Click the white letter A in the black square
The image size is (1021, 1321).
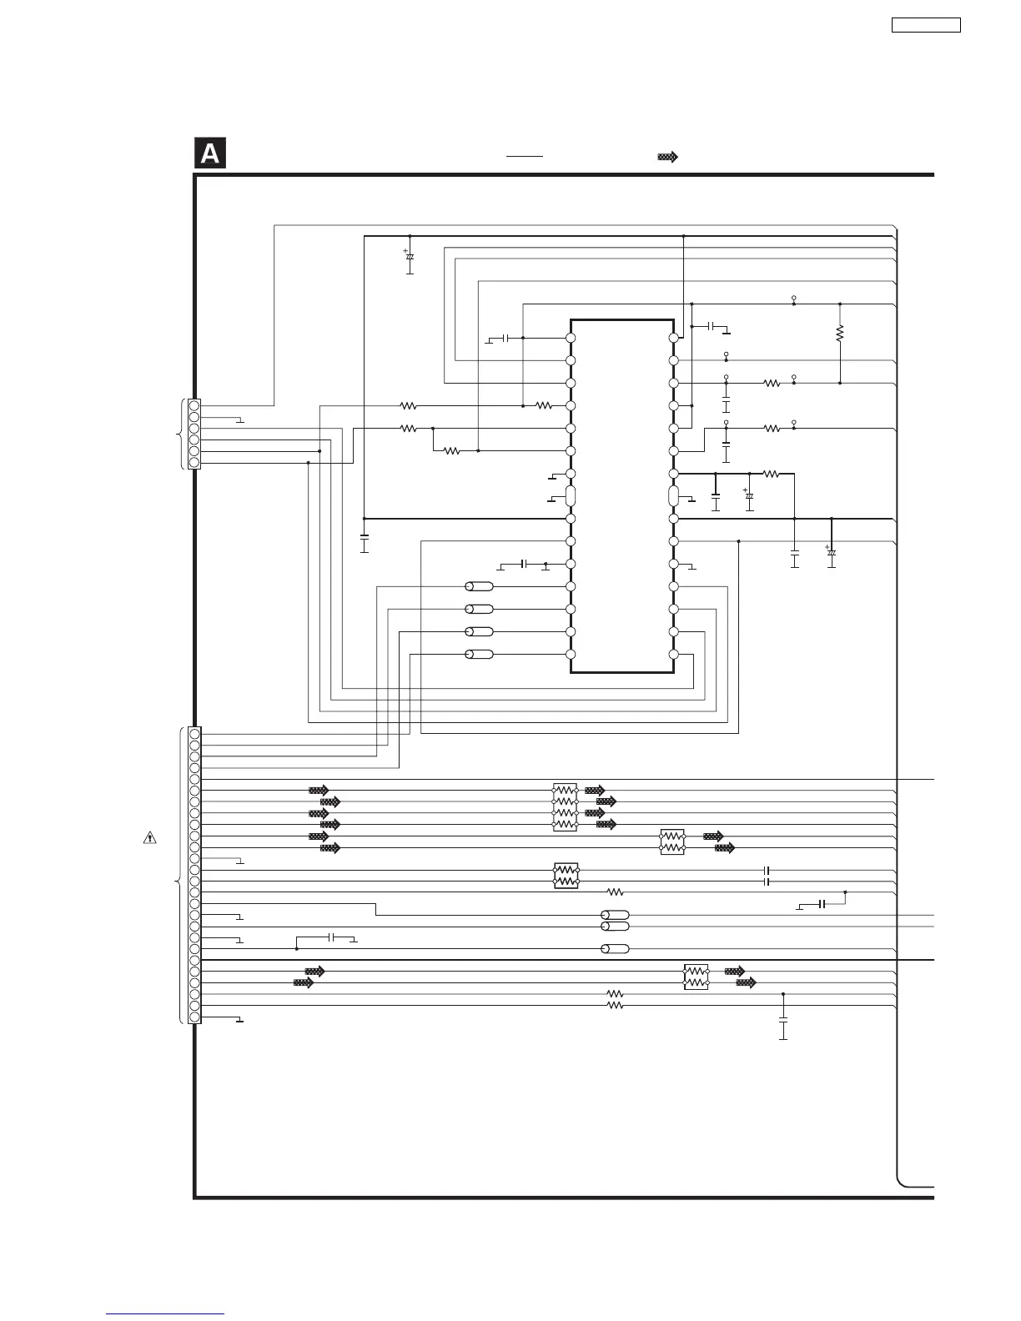point(210,154)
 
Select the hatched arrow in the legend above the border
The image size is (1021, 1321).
point(667,157)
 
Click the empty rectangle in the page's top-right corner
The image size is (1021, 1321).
point(926,25)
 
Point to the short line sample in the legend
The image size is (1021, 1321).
point(524,156)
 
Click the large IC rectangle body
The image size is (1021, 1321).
point(621,496)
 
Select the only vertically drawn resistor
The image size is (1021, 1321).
point(840,334)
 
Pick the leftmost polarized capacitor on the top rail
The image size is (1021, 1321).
point(410,256)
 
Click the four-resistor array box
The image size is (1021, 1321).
point(565,807)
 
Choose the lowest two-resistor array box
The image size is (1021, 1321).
point(696,977)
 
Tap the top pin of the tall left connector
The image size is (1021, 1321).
point(194,734)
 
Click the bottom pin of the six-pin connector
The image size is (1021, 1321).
point(194,462)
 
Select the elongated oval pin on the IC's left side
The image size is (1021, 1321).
point(571,496)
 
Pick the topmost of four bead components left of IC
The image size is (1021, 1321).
point(479,586)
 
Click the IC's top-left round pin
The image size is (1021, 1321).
point(571,338)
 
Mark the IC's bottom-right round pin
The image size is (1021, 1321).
point(673,654)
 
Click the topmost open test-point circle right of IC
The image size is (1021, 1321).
point(793,298)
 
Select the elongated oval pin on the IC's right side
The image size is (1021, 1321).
point(673,496)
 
